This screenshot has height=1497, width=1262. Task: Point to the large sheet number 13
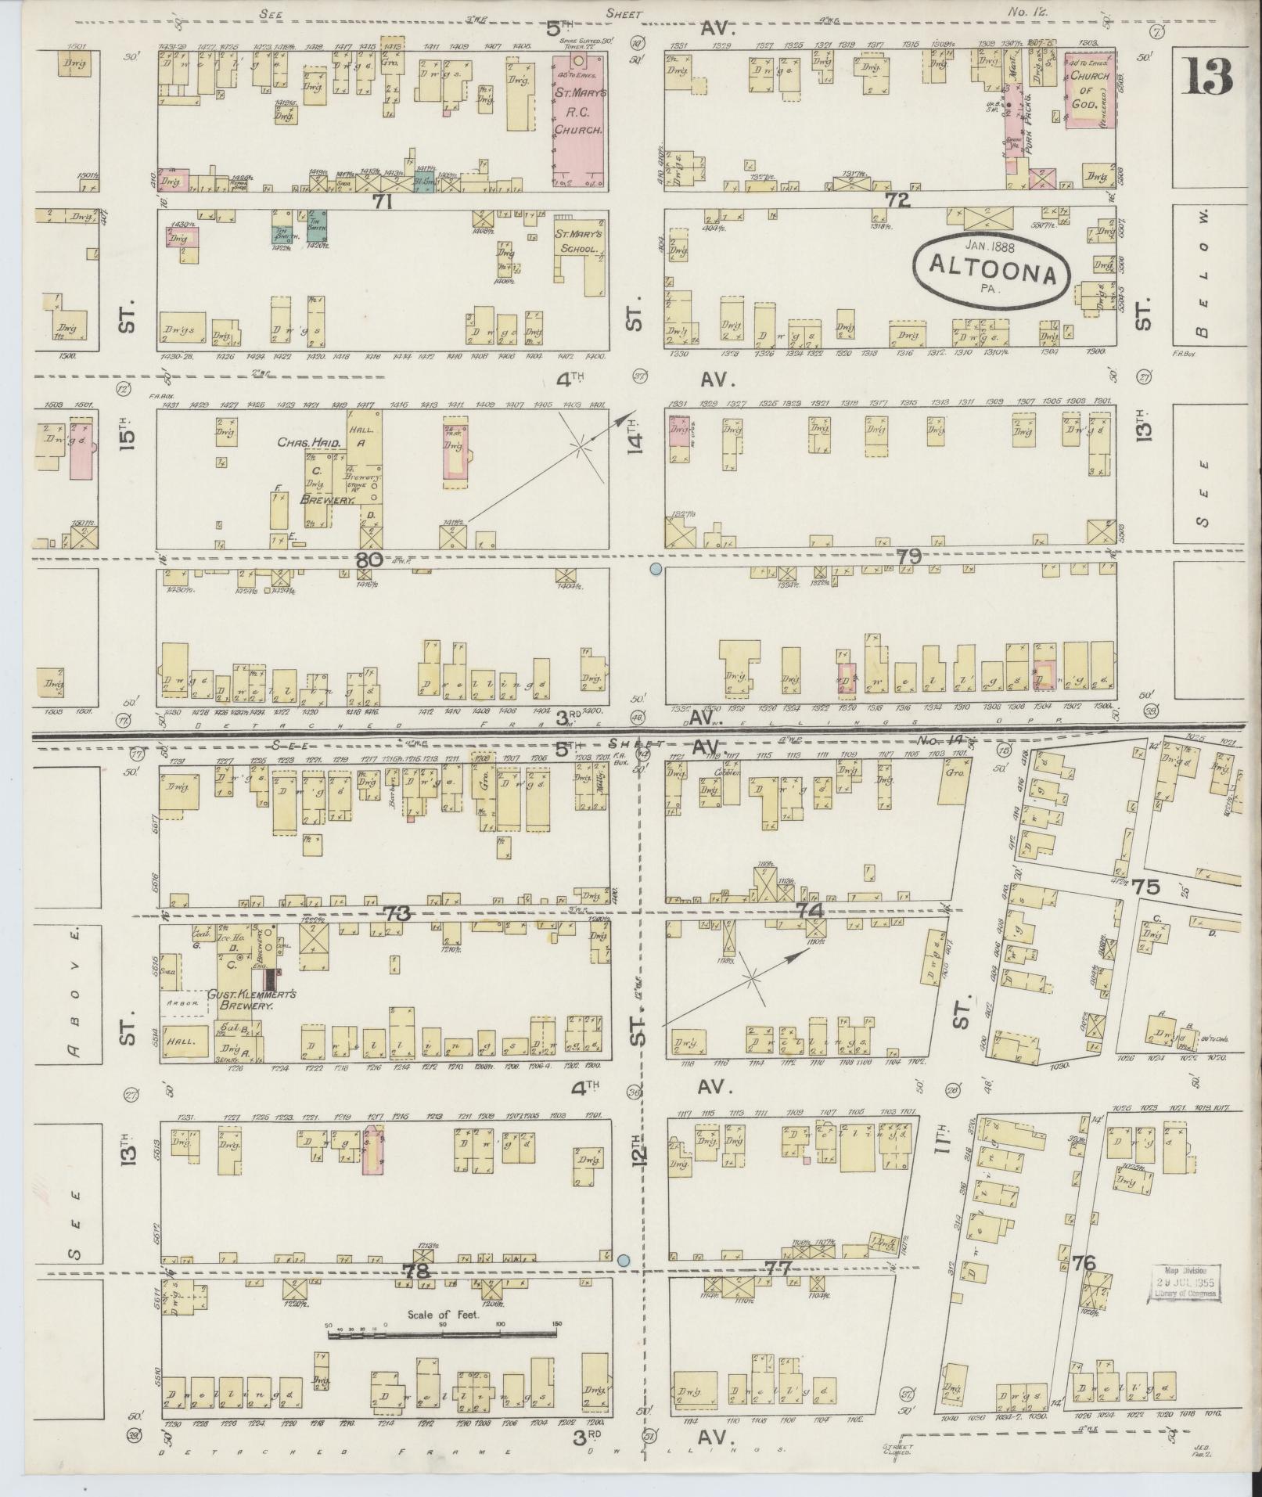pyautogui.click(x=1207, y=76)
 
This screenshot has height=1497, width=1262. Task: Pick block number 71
pyautogui.click(x=382, y=202)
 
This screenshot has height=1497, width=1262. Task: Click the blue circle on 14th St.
pyautogui.click(x=656, y=570)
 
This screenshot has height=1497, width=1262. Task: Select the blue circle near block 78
pyautogui.click(x=624, y=1261)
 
